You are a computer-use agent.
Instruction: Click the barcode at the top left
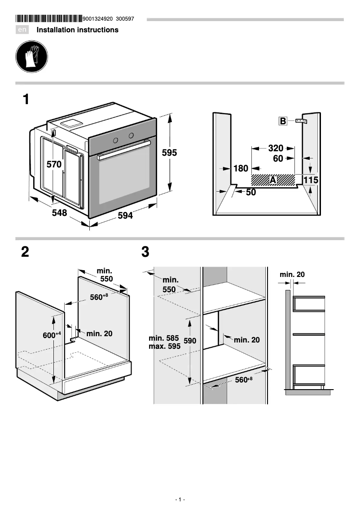tap(49, 19)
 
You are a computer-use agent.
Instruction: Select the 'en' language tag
tap(22, 30)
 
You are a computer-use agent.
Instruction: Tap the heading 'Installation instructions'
tap(77, 30)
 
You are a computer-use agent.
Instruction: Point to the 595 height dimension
tap(169, 153)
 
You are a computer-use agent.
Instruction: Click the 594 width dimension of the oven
tap(125, 215)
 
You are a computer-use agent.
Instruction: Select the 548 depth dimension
tap(59, 213)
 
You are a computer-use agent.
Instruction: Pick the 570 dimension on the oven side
tap(54, 164)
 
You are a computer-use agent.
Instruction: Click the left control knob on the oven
tap(115, 140)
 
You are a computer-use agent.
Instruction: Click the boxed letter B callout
tap(283, 121)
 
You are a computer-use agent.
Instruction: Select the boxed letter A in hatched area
tap(272, 180)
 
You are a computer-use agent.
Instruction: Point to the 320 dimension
tap(276, 148)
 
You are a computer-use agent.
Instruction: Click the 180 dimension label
tap(241, 168)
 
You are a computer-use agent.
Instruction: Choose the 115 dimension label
tap(311, 180)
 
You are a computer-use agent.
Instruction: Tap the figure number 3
tap(145, 252)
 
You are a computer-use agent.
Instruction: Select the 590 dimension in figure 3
tap(190, 341)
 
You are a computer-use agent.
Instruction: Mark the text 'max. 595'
tap(164, 347)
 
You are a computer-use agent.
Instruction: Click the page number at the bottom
tap(180, 500)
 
